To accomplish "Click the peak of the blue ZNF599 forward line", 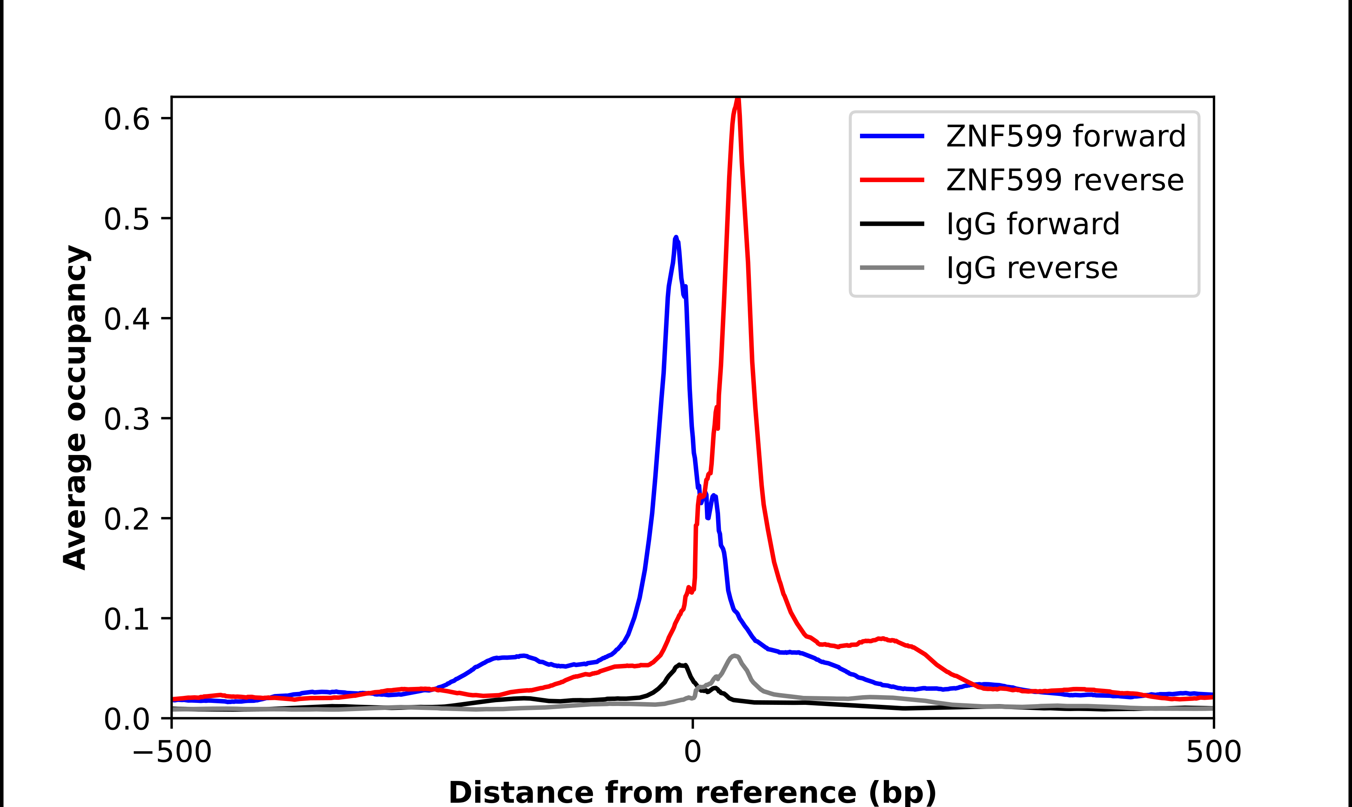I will click(x=676, y=238).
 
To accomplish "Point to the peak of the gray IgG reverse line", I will click(x=734, y=656).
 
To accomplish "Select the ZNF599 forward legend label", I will click(x=1065, y=136).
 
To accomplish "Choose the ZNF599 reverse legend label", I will click(x=1064, y=180).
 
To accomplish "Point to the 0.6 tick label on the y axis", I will click(x=126, y=119).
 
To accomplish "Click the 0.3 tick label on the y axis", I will click(x=126, y=419).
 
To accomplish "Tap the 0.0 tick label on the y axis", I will click(x=126, y=719).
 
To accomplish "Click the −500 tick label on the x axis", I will click(x=172, y=752).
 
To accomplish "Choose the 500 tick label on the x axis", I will click(x=1213, y=752).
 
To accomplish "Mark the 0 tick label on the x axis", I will click(x=693, y=752).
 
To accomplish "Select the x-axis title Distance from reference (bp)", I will click(x=692, y=792).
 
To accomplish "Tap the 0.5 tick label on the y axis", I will click(x=126, y=219).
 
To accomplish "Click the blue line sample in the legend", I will click(x=892, y=136).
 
